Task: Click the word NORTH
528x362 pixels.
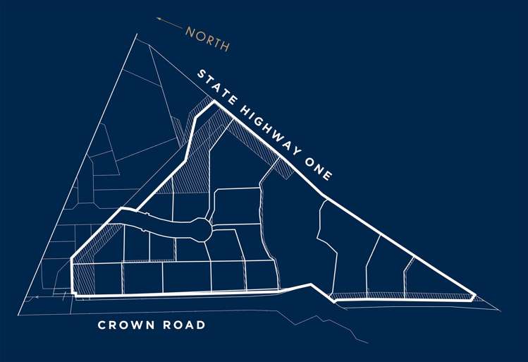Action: pos(207,39)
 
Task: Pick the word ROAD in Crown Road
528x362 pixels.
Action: pos(186,325)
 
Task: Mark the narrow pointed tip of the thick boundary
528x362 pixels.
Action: pos(476,295)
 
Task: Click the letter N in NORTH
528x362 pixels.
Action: pos(190,32)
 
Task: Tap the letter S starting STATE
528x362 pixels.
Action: pos(201,75)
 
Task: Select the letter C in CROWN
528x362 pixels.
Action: pos(102,325)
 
